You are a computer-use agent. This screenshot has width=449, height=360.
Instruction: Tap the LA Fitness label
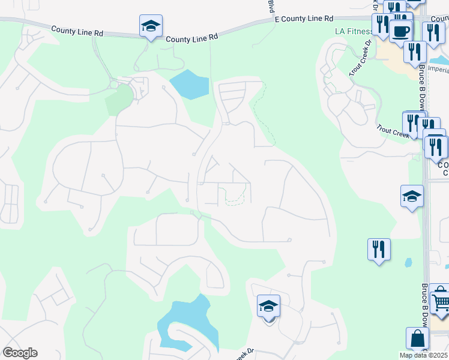coord(352,31)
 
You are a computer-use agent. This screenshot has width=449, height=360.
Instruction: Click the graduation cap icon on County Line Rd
coord(151,26)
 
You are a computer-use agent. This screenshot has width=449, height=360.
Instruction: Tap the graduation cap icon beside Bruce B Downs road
coord(412,196)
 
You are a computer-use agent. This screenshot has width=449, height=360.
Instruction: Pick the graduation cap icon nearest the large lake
coord(268,307)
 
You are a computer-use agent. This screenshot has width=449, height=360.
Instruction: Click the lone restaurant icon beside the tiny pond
coord(379,249)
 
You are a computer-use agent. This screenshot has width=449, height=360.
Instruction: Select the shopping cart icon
coord(440,298)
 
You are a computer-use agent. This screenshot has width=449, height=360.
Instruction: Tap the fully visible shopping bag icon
coord(417,339)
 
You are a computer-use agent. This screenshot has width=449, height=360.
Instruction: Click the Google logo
coord(20,353)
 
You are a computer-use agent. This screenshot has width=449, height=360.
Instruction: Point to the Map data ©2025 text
coord(423,355)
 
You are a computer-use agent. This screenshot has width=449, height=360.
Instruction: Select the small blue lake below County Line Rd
coord(189,85)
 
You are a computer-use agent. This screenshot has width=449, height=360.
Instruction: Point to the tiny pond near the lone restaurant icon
coord(408,262)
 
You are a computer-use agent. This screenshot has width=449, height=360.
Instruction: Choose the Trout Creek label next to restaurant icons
coord(393,131)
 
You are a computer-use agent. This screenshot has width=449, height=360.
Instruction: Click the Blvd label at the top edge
coord(271,7)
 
